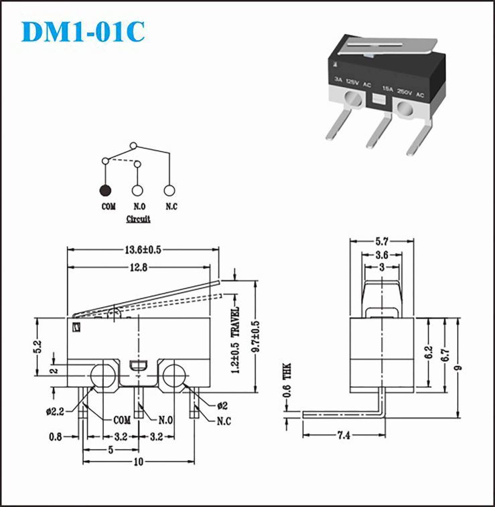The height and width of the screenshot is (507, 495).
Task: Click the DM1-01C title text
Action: click(83, 31)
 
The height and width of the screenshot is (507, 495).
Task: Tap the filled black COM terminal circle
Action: click(105, 191)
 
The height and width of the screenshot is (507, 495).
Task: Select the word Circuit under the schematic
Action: click(138, 219)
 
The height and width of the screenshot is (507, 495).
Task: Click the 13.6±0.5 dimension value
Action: click(143, 249)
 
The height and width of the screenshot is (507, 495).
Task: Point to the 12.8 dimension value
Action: click(139, 268)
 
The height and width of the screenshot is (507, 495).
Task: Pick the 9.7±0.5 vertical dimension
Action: click(256, 336)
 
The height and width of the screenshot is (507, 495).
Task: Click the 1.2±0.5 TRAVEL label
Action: click(235, 340)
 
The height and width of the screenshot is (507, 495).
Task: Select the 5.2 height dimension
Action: click(38, 346)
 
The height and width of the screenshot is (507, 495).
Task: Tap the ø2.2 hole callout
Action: click(55, 411)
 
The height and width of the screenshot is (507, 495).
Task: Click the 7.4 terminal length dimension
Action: click(344, 435)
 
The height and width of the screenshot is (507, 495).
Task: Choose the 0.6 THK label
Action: click(287, 380)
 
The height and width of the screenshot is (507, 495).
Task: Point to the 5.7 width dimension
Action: click(382, 241)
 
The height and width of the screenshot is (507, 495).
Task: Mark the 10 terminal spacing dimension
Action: click(138, 462)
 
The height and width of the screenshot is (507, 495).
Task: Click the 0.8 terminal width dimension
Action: click(56, 437)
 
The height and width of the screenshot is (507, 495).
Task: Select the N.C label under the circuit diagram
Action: click(171, 206)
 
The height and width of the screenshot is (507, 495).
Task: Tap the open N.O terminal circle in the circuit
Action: click(137, 191)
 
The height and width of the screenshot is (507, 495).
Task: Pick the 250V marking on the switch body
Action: click(405, 92)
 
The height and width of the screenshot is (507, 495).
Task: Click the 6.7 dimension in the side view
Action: click(445, 354)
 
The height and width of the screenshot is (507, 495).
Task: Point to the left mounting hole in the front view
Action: click(103, 376)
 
